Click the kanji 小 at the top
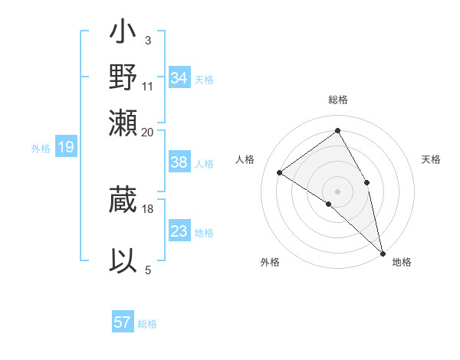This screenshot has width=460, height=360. point(123,36)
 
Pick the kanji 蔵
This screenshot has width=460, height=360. point(123,201)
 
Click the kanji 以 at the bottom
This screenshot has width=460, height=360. point(123,261)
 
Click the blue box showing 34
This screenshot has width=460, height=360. point(179,78)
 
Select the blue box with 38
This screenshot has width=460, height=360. point(179,162)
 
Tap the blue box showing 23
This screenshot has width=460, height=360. point(179,231)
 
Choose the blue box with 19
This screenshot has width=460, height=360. point(65,147)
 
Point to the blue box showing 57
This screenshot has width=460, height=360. point(123,322)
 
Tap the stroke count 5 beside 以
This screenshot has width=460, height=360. point(147,269)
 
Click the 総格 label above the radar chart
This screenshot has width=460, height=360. point(337,100)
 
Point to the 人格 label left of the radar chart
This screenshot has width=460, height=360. point(245,159)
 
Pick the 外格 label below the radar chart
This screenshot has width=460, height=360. point(270,263)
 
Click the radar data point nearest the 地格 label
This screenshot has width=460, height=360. point(383,252)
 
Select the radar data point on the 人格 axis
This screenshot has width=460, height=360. point(280,172)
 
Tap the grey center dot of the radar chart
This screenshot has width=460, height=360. point(337,191)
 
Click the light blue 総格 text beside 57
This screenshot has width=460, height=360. point(147,324)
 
